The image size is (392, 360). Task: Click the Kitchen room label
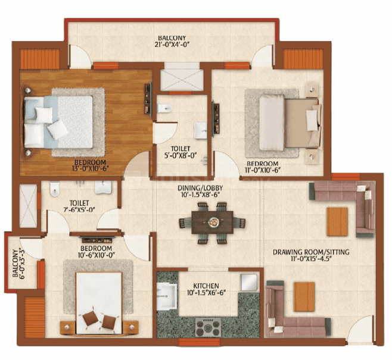point(206,286)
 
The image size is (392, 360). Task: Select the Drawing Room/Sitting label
point(311,252)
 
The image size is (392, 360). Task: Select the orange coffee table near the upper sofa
point(337,221)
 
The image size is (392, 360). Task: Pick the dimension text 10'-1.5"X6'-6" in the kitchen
point(206,294)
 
